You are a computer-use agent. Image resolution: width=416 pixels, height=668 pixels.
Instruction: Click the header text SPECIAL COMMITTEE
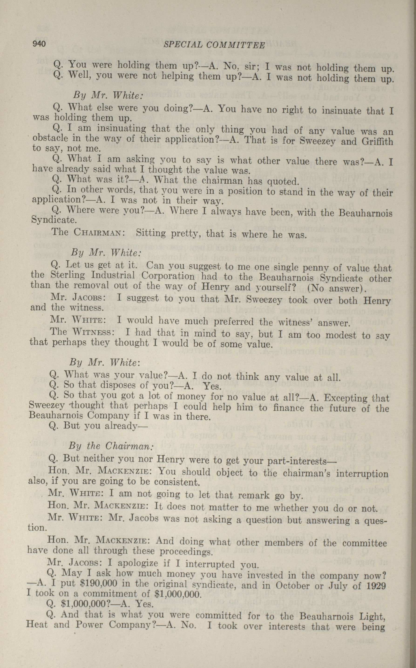[x=214, y=45]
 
